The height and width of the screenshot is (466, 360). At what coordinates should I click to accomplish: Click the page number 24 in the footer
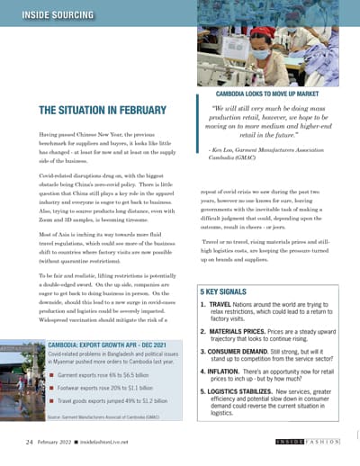point(31,443)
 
